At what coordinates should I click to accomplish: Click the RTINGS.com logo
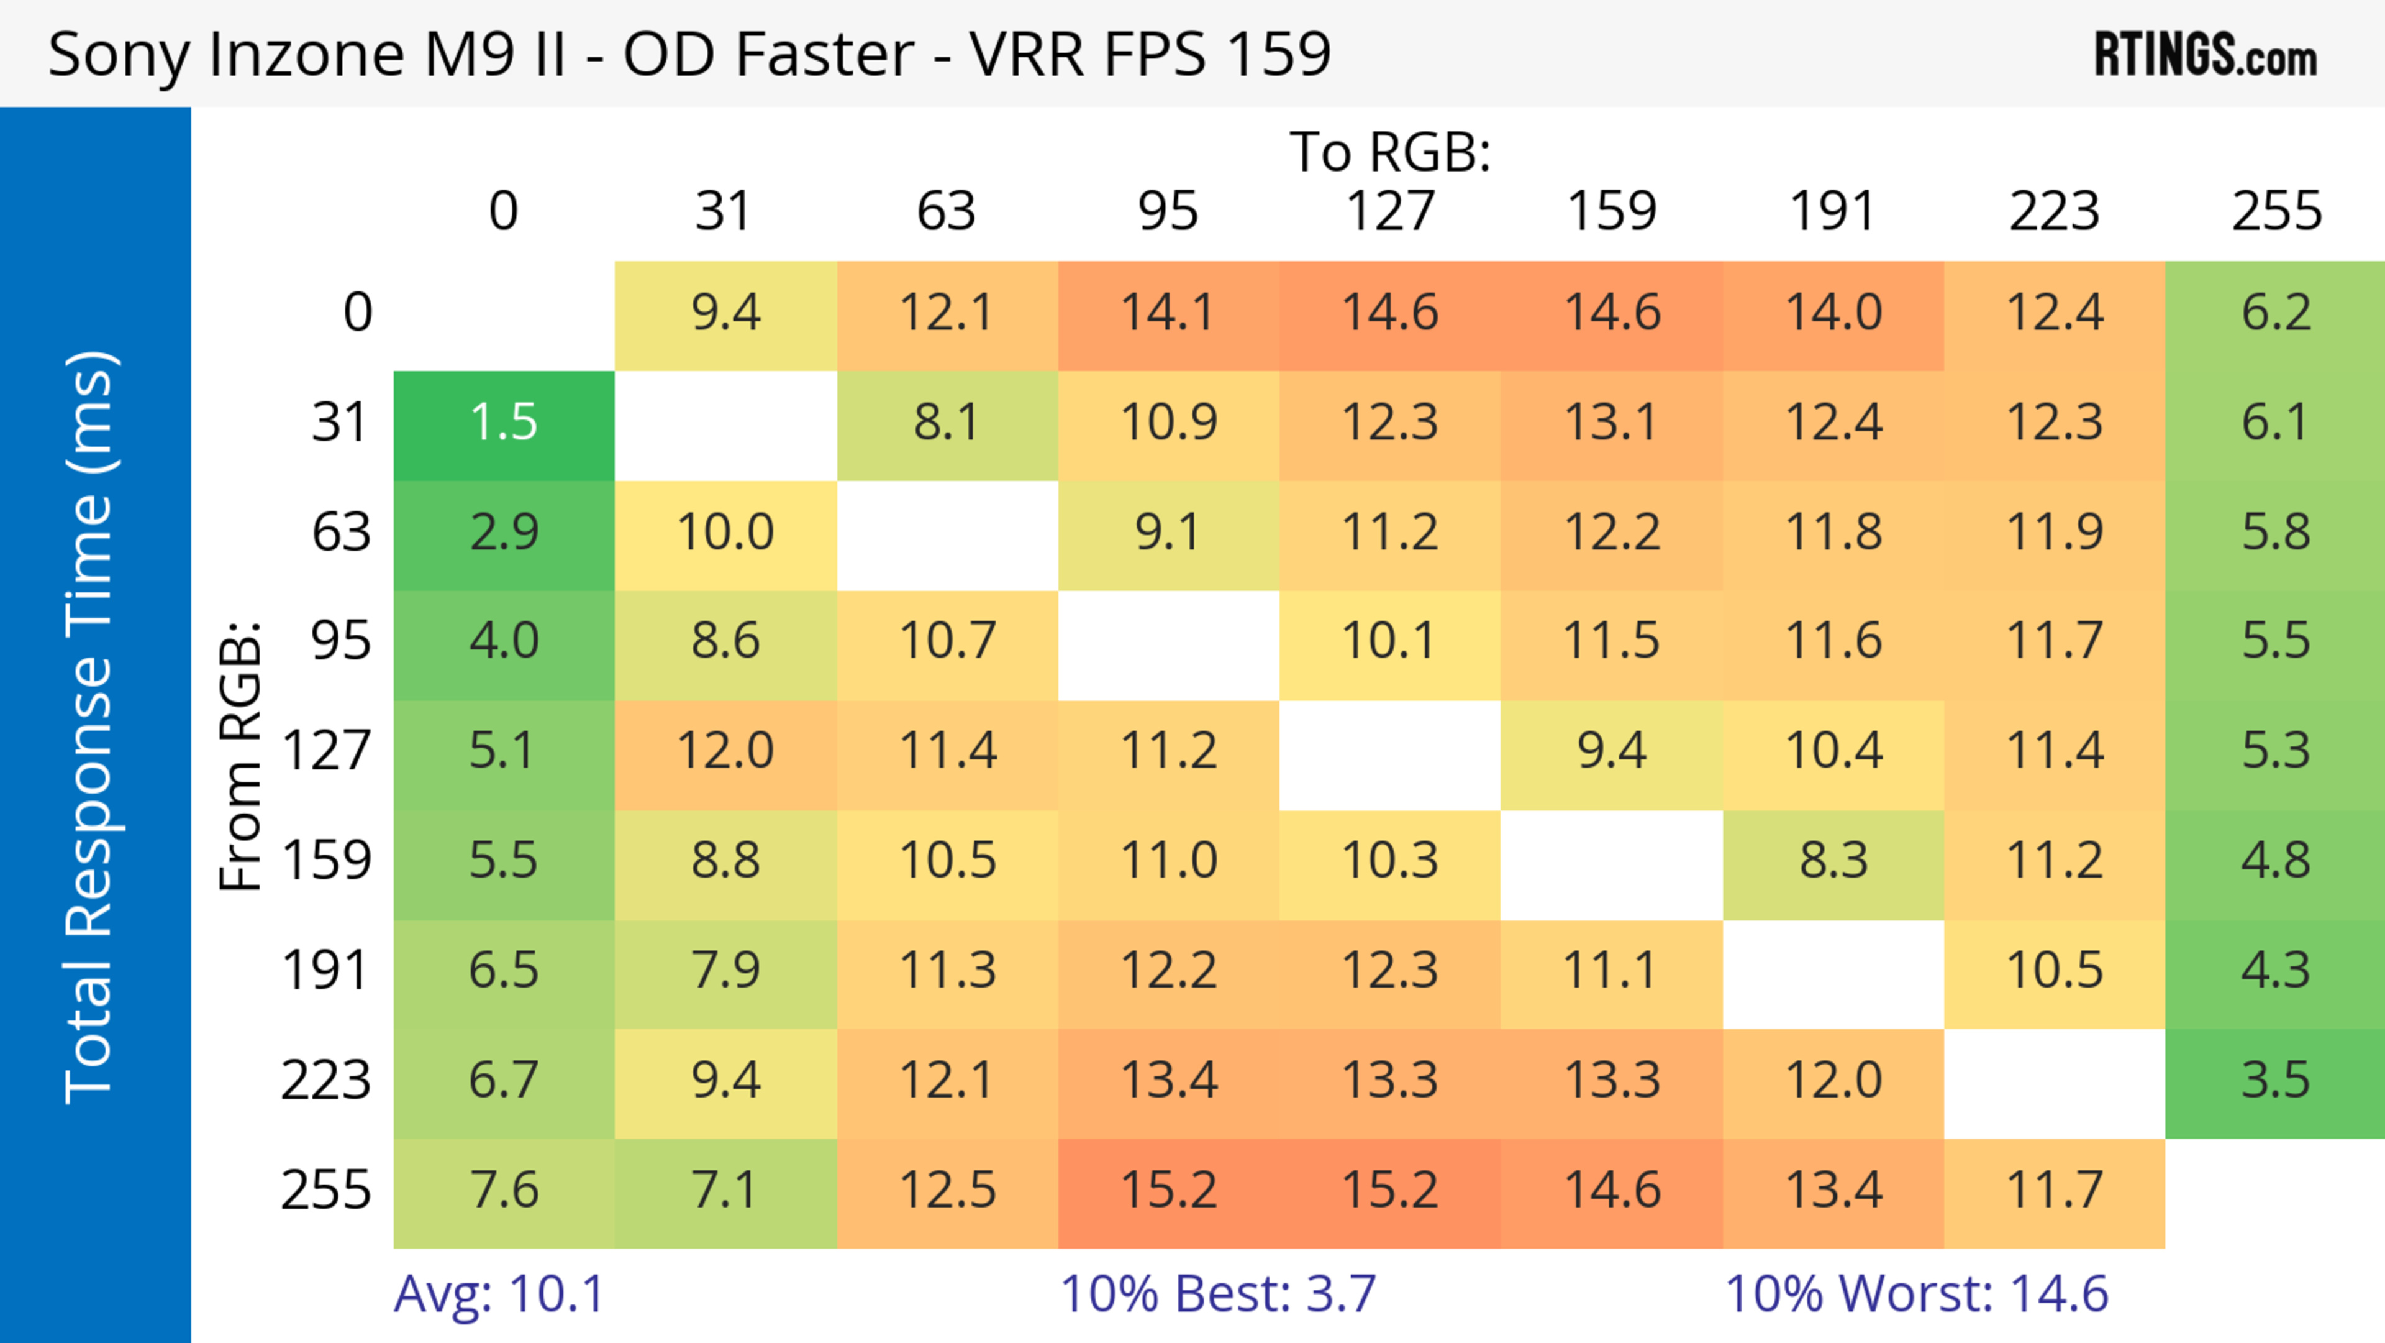2206,53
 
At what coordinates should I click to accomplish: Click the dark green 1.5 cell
504,423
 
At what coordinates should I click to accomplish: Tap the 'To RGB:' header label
1390,152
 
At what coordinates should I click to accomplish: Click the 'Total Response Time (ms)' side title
91,727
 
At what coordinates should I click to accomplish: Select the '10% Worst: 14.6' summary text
1917,1293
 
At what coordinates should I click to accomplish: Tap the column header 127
1390,211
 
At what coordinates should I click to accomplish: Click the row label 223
326,1081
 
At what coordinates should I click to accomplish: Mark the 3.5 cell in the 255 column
2276,1081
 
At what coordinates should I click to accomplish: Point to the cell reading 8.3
1833,861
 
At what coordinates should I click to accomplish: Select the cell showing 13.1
1611,423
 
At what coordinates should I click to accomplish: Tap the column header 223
2055,211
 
